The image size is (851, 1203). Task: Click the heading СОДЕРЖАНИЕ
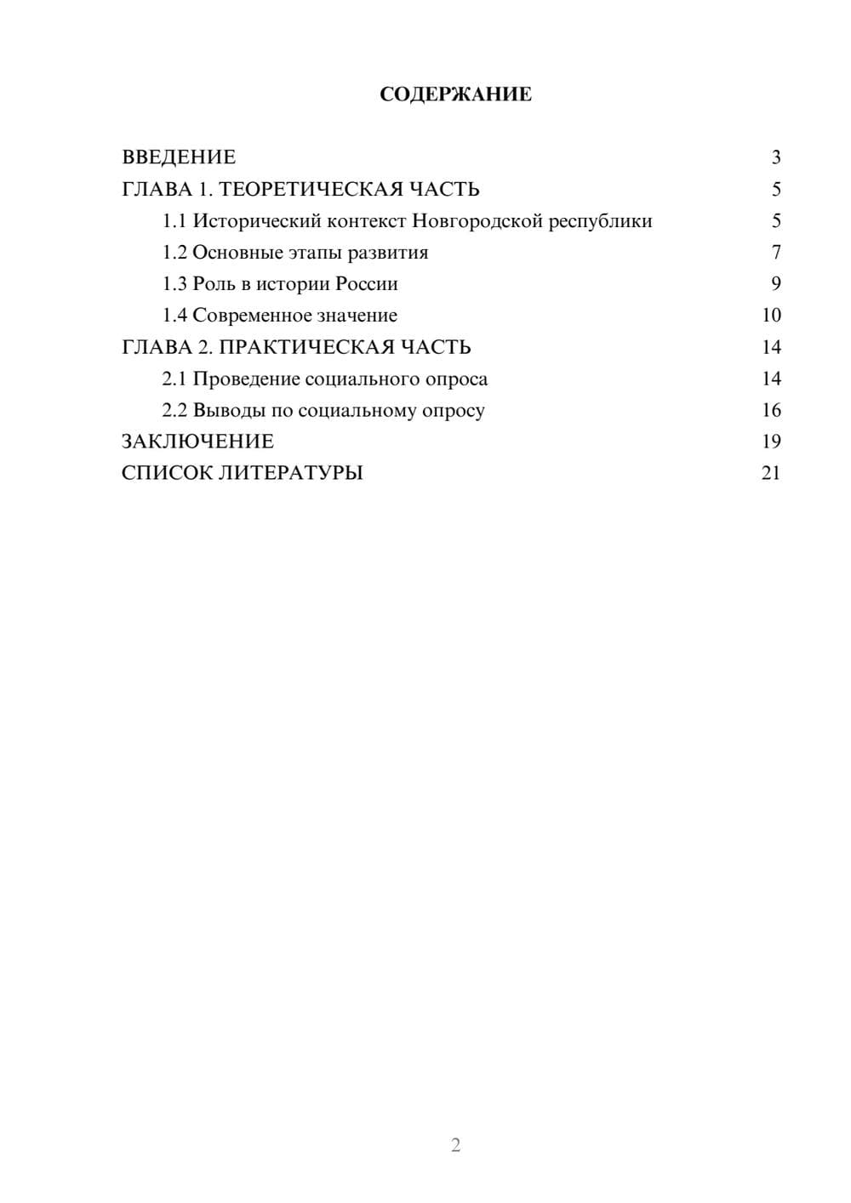(x=455, y=94)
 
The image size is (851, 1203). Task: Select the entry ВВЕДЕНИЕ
(x=179, y=157)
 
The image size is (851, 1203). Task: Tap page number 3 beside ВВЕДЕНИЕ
(x=775, y=157)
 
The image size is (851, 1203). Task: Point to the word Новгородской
(x=477, y=221)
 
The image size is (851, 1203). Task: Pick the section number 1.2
(x=174, y=253)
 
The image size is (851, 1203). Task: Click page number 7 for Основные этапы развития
(x=775, y=253)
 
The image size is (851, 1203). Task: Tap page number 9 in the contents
(x=775, y=284)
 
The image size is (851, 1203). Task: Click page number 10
(x=771, y=316)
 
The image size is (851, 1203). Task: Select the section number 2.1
(x=174, y=379)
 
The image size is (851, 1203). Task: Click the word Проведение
(x=246, y=379)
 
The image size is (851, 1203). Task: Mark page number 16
(x=771, y=410)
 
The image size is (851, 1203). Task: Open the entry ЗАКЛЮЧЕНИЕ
(x=197, y=442)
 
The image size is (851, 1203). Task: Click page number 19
(x=771, y=442)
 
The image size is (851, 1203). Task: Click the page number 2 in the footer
(x=455, y=1145)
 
